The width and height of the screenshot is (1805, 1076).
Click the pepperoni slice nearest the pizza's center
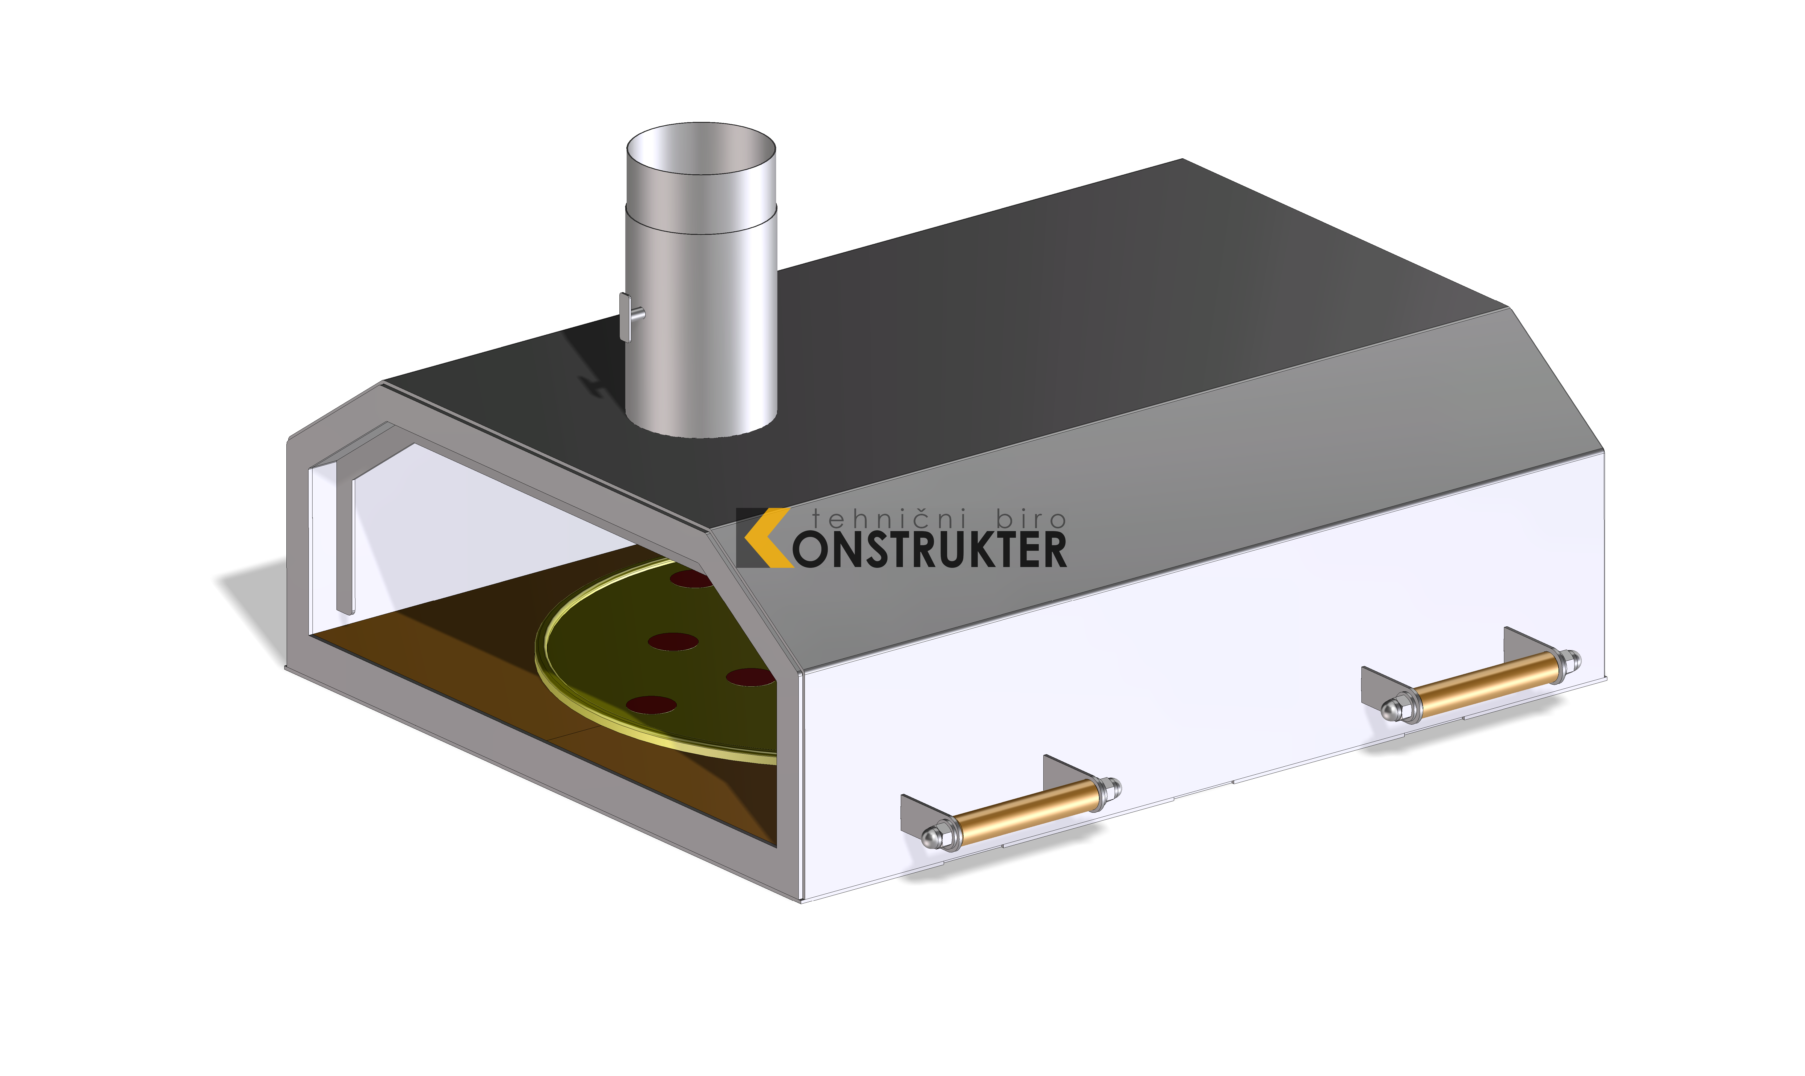[x=672, y=642]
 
